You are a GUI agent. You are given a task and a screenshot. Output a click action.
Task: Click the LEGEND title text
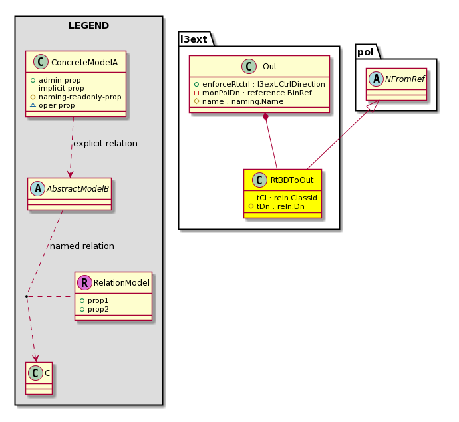pos(88,25)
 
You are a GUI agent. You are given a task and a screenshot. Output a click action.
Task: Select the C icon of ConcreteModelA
pos(41,62)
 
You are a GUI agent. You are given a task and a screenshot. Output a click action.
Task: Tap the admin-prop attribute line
pos(56,80)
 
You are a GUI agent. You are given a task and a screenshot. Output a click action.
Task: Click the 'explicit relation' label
pos(105,144)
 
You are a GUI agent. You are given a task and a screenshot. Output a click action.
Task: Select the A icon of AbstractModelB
pos(38,188)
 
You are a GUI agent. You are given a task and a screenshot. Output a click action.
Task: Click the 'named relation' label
pos(82,246)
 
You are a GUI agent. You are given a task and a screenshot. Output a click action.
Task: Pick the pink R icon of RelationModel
pos(84,282)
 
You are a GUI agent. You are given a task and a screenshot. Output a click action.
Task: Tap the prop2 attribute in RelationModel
pos(94,309)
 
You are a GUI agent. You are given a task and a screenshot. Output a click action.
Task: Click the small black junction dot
pos(27,296)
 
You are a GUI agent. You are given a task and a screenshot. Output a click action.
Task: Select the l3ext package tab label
pos(194,39)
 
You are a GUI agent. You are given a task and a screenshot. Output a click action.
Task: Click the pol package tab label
pos(365,52)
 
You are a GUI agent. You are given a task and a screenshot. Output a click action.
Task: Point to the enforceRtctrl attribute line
pos(259,84)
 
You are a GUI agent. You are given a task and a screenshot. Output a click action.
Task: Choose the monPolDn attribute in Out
pos(253,93)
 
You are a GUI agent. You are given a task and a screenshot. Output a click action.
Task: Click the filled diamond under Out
pos(266,117)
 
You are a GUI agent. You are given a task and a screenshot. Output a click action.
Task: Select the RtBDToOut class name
pos(292,180)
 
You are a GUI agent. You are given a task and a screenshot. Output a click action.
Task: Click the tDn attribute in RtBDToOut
pos(276,206)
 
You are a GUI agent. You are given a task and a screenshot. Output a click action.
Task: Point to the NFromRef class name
pos(405,79)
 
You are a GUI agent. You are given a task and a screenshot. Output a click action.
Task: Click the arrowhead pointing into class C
pos(36,359)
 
